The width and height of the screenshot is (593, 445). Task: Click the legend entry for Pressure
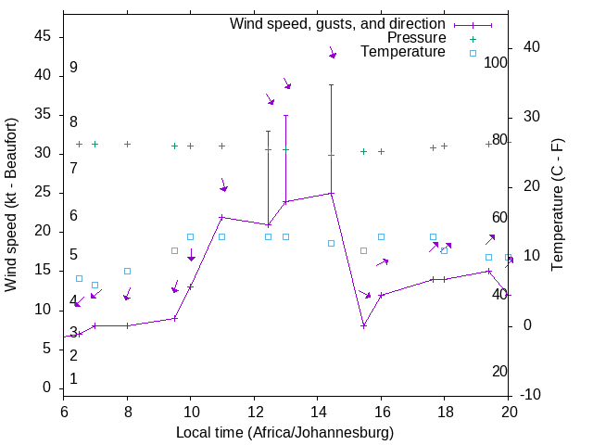(416, 38)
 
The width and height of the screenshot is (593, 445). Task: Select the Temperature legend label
(403, 52)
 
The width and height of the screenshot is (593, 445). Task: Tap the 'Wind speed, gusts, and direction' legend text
(337, 23)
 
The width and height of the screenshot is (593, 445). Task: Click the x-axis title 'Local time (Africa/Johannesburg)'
(284, 433)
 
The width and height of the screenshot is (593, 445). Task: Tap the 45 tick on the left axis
(43, 36)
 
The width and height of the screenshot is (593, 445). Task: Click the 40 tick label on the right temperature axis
(532, 47)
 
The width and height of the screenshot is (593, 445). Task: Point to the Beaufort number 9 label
(73, 68)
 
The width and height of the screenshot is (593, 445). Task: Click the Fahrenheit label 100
(496, 62)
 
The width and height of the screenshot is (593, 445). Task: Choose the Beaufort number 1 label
(73, 378)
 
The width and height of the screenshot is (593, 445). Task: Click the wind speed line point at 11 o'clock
(221, 217)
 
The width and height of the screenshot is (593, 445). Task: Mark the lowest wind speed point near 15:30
(364, 325)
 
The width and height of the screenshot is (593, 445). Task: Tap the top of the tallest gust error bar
(332, 84)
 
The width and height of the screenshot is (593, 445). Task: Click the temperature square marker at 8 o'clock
(127, 271)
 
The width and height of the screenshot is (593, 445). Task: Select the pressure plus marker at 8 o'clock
(127, 144)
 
